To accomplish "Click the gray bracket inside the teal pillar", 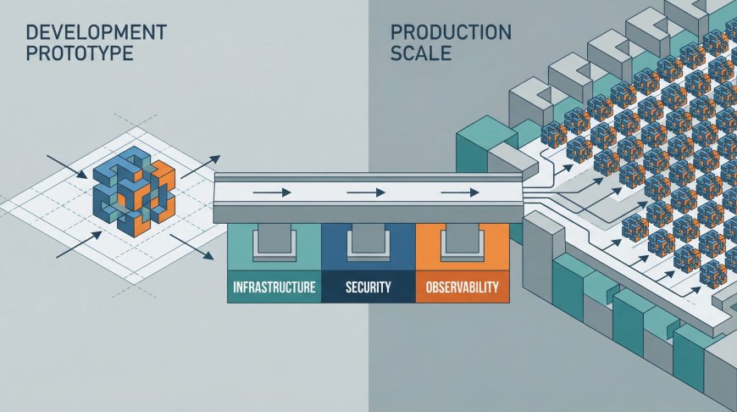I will click(274, 244).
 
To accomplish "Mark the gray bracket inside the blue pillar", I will click(368, 244).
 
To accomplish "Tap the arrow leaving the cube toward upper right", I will click(201, 166).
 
